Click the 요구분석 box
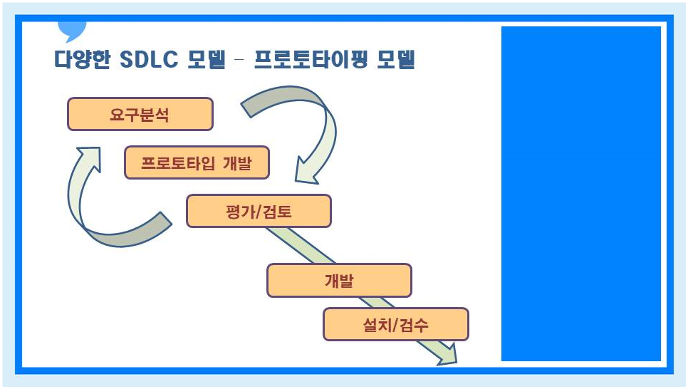coord(140,114)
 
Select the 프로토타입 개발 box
coord(197,163)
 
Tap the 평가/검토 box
coord(259,211)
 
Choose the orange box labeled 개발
coord(339,280)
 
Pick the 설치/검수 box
coord(395,324)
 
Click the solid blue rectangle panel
coord(581,194)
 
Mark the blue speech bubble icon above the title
coord(71,31)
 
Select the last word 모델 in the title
coord(396,59)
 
